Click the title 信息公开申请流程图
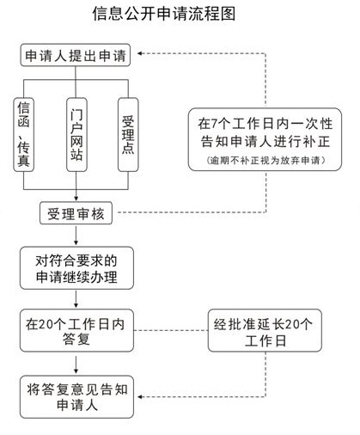pyautogui.click(x=164, y=14)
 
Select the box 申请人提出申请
pyautogui.click(x=76, y=55)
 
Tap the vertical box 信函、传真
pyautogui.click(x=24, y=135)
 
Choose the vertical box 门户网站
pyautogui.click(x=76, y=135)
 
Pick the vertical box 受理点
pyautogui.click(x=128, y=135)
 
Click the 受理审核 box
pyautogui.click(x=76, y=213)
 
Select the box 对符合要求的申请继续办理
pyautogui.click(x=76, y=268)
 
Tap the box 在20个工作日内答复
pyautogui.click(x=76, y=330)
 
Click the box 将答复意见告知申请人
pyautogui.click(x=76, y=397)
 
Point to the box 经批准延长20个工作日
pyautogui.click(x=265, y=330)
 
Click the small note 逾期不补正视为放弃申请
pyautogui.click(x=265, y=160)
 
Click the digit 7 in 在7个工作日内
pyautogui.click(x=214, y=124)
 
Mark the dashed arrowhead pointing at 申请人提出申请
pyautogui.click(x=140, y=53)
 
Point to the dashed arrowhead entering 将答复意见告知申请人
pyautogui.click(x=140, y=397)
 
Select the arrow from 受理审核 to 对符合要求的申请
pyautogui.click(x=76, y=236)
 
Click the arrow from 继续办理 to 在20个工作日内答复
pyautogui.click(x=76, y=299)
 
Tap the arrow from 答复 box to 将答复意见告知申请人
pyautogui.click(x=76, y=365)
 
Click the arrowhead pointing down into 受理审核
pyautogui.click(x=76, y=199)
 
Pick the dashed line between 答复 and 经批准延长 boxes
pyautogui.click(x=171, y=330)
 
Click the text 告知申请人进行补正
pyautogui.click(x=265, y=142)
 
